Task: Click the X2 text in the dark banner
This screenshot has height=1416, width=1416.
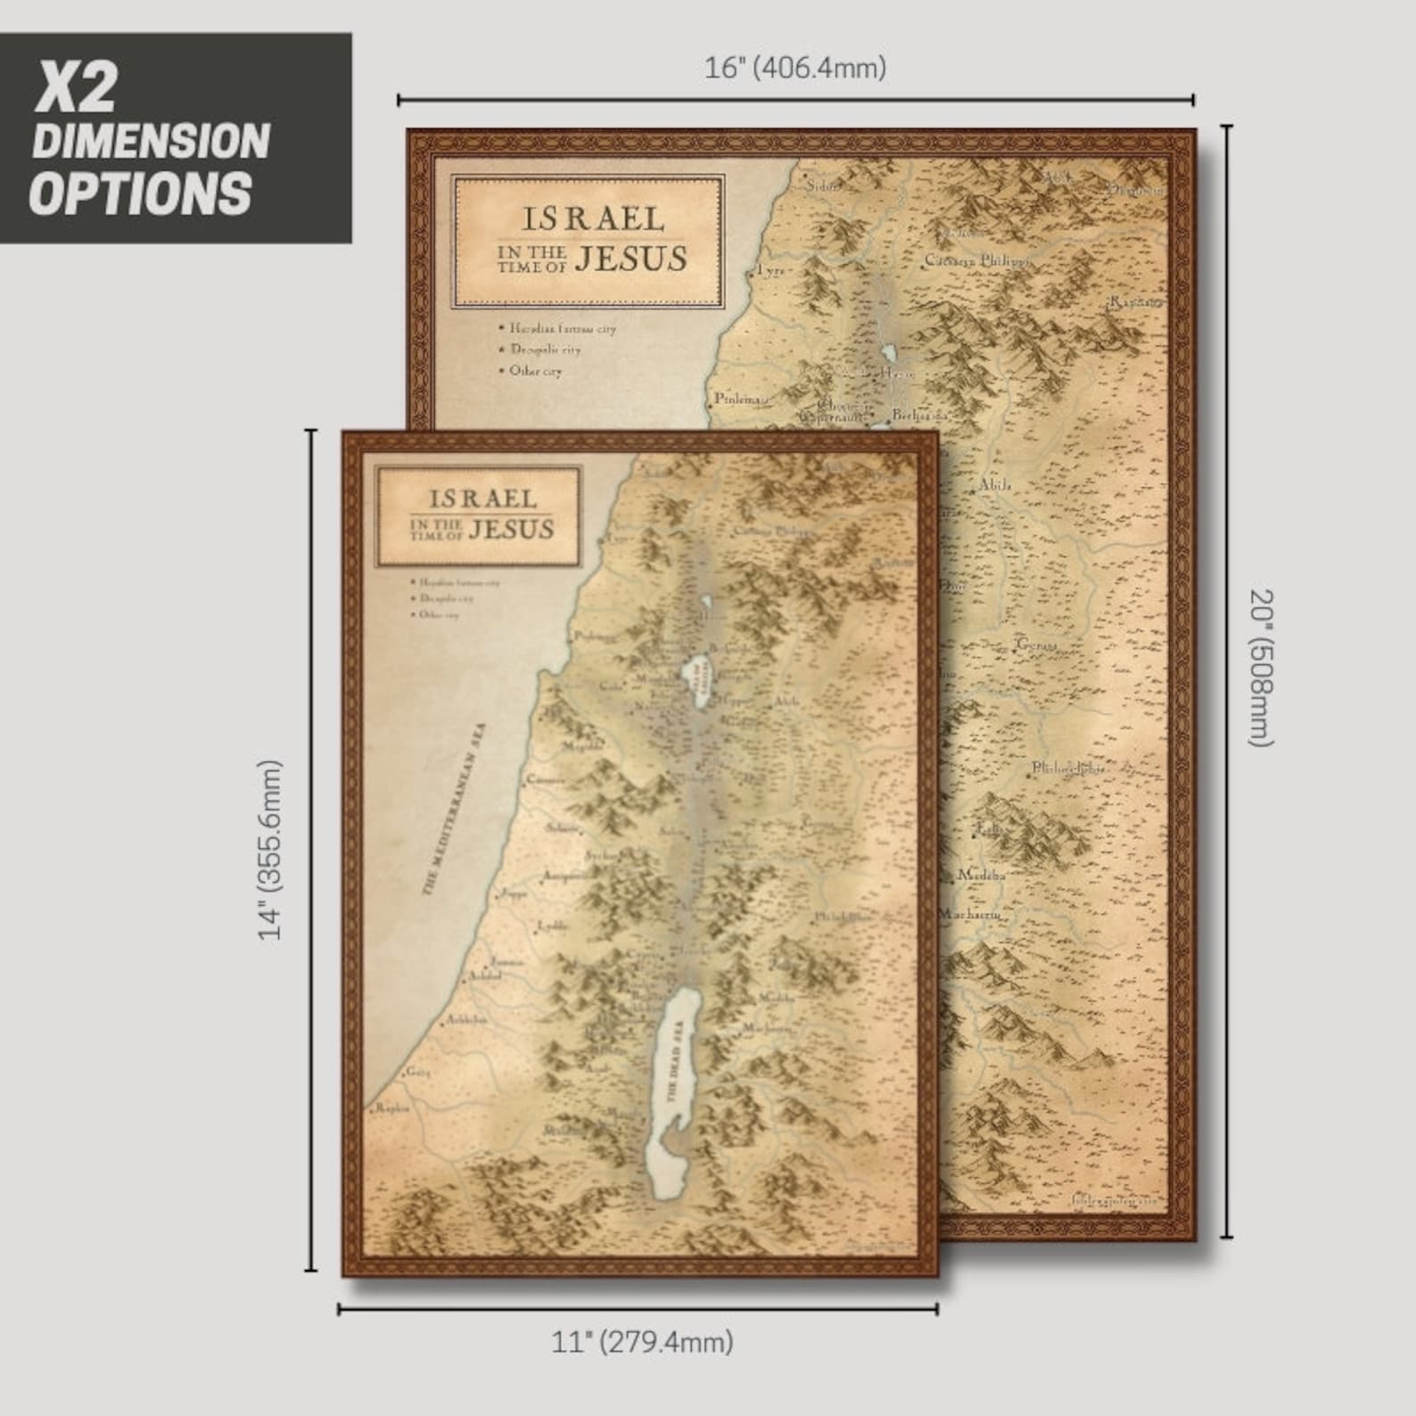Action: pos(76,87)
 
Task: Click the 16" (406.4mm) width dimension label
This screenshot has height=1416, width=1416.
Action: pos(795,68)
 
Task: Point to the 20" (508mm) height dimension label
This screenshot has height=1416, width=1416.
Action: pos(1262,668)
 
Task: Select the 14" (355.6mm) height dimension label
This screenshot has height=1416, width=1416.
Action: pos(270,849)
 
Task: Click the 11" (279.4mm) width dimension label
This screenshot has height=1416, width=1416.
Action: pos(642,1341)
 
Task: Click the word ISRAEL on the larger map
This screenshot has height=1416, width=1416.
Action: pos(592,218)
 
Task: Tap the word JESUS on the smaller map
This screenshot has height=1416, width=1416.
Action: pos(511,530)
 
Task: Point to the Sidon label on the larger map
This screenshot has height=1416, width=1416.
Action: pos(823,186)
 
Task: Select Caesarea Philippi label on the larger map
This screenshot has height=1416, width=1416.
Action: pos(976,261)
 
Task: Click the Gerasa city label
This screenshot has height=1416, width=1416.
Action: pos(1038,644)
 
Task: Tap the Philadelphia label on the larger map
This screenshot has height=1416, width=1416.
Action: pos(1069,768)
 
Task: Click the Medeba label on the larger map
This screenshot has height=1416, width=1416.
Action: pos(981,876)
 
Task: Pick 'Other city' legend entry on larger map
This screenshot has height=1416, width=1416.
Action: pos(535,371)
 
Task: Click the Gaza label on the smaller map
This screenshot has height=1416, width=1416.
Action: pos(417,1072)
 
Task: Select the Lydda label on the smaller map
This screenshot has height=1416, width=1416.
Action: pos(552,926)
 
